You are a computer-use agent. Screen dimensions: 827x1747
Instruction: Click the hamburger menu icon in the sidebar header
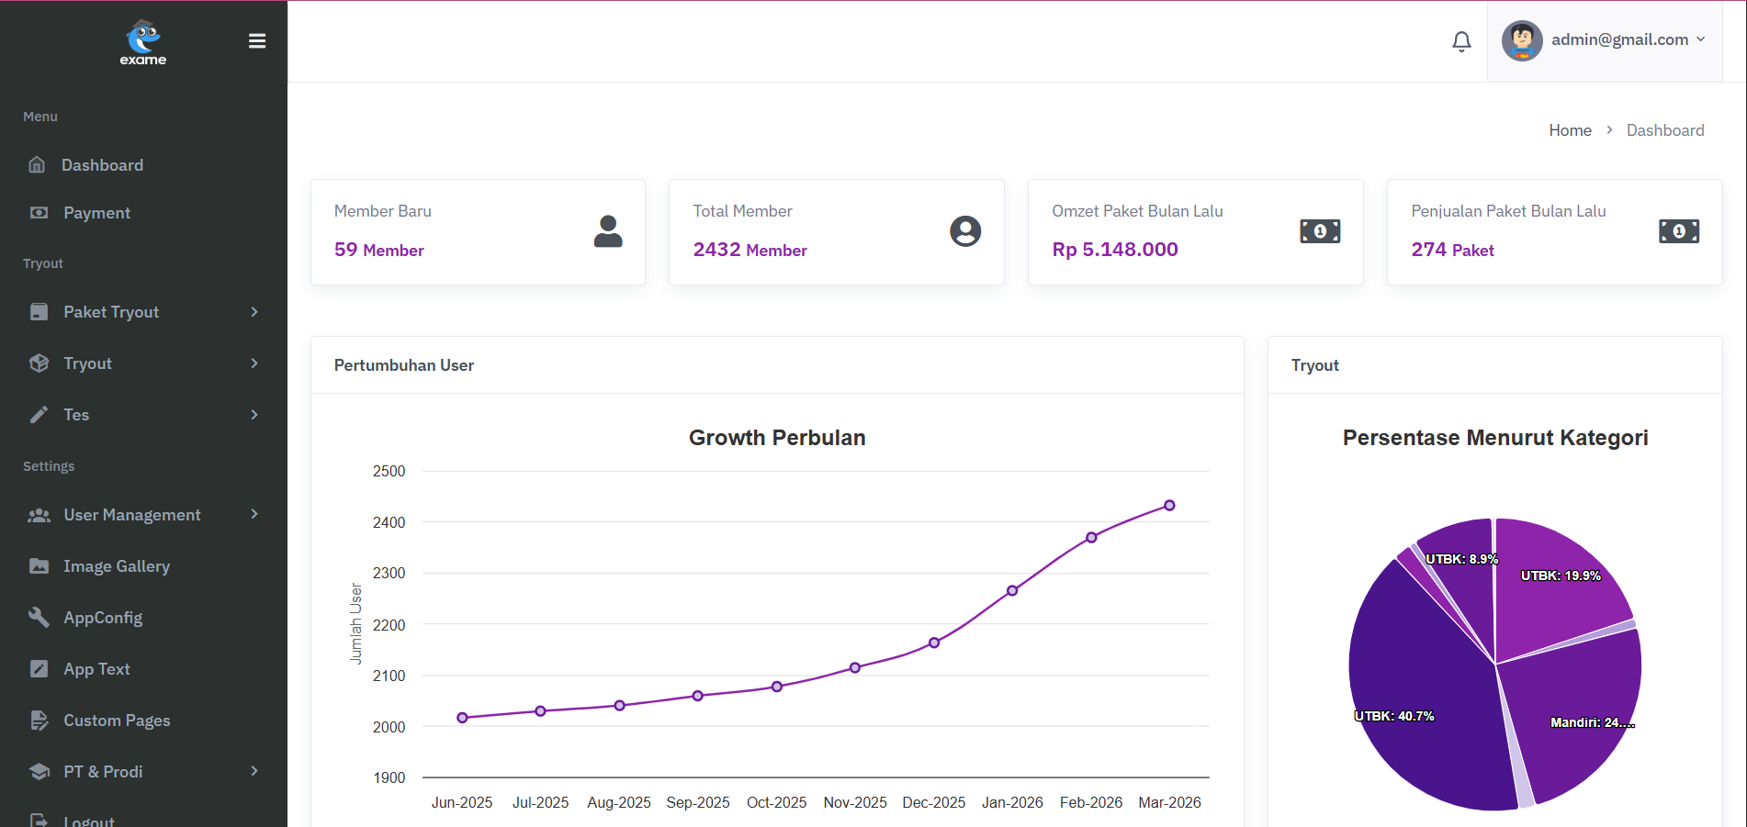click(x=257, y=41)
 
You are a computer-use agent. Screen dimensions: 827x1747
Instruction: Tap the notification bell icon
click(x=1461, y=41)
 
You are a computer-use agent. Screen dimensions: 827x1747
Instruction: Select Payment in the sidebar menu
click(x=96, y=213)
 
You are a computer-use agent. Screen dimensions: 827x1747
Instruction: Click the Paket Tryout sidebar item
click(x=111, y=312)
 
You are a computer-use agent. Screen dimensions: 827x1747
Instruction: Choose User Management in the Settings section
click(x=131, y=515)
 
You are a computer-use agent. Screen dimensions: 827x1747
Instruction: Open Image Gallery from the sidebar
click(x=117, y=566)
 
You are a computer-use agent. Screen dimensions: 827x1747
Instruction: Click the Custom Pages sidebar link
click(x=117, y=721)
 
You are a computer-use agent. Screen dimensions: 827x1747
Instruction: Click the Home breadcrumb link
click(x=1570, y=130)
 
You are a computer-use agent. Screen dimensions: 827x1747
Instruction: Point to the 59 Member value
click(x=378, y=250)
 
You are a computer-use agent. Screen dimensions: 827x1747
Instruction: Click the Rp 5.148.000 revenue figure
click(x=1114, y=250)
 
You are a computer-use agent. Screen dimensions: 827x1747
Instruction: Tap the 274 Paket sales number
click(x=1452, y=250)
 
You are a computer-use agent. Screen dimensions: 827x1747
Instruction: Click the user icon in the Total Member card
click(x=964, y=231)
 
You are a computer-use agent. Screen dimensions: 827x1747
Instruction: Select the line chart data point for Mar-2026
click(x=1169, y=506)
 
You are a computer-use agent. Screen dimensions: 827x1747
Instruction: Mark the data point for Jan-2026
click(x=1012, y=591)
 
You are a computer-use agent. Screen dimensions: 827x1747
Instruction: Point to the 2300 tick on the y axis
click(x=389, y=574)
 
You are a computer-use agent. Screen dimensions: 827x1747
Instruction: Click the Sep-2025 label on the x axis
click(x=698, y=802)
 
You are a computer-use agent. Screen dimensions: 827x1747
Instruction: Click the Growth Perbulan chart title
click(x=777, y=438)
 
